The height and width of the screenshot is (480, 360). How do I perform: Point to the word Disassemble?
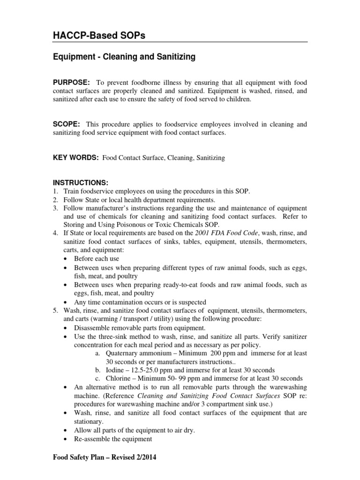pos(93,327)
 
